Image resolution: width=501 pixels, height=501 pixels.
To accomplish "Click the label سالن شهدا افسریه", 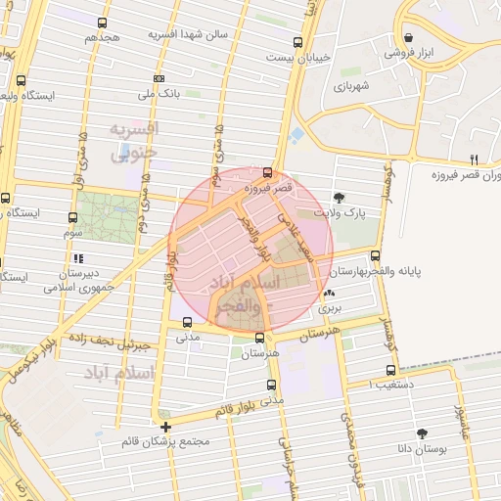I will click(x=188, y=34).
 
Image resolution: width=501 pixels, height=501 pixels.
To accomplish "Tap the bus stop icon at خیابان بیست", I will click(x=297, y=42).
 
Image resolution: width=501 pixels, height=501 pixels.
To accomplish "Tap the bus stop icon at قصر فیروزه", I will click(x=268, y=171).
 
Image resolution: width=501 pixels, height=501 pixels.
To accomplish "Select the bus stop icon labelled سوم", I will click(x=73, y=217).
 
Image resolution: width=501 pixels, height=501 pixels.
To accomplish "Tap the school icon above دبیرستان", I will click(x=77, y=258).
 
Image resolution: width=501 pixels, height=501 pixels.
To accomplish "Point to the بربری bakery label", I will click(x=330, y=307).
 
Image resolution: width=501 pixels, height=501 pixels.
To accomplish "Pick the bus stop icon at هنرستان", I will click(x=259, y=338).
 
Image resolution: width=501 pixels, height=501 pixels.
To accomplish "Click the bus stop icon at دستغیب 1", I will click(x=391, y=371).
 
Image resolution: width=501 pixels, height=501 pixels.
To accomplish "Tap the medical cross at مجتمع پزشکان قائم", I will click(x=166, y=427).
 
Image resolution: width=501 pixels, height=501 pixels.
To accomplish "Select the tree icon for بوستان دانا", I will click(x=422, y=433).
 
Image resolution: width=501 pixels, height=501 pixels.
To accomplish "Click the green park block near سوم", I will click(x=109, y=217).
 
